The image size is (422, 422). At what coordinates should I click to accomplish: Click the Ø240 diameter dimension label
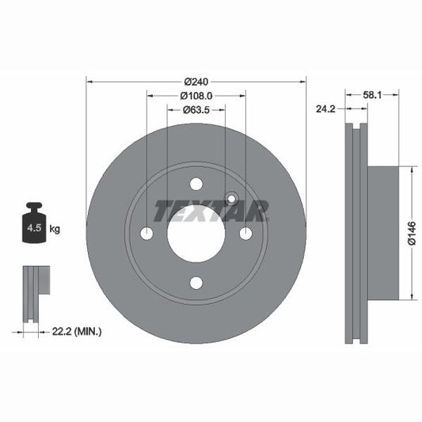tap(196, 82)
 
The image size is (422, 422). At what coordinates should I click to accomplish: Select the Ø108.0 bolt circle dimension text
tap(196, 97)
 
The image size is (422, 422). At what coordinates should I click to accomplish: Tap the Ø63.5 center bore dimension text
tap(196, 111)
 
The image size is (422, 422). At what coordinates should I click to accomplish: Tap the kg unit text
tap(55, 230)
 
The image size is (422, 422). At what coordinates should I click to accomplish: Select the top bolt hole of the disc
tap(196, 184)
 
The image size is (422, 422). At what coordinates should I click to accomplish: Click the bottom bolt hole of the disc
tap(196, 283)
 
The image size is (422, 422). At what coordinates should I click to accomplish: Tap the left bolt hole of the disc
tap(146, 233)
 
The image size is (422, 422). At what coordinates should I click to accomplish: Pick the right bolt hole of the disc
tap(245, 233)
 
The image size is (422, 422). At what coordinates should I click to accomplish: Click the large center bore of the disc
tap(196, 234)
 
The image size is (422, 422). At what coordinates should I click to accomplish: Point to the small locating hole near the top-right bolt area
tap(231, 199)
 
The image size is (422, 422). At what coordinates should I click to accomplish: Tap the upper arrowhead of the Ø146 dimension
tap(412, 170)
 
